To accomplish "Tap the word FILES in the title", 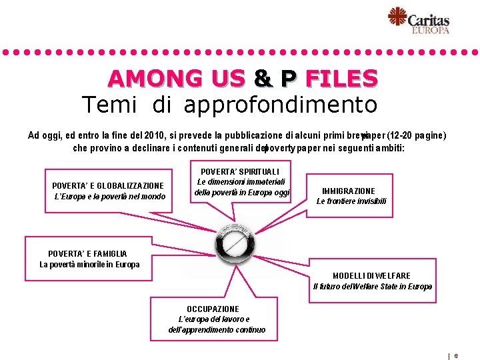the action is [341, 79].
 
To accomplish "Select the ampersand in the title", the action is [263, 79].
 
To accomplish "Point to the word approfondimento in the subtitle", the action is [281, 105].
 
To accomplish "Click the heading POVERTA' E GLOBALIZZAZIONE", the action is [108, 185].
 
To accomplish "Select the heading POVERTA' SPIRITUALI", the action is [235, 171].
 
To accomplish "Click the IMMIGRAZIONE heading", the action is [348, 191].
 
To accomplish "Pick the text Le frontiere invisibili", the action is [351, 201].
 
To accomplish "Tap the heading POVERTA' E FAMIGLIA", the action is [87, 253].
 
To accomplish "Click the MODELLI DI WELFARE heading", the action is [371, 275].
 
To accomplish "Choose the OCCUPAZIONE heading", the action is [213, 309].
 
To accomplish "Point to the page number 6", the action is [456, 356].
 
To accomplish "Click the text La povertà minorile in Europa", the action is [90, 265].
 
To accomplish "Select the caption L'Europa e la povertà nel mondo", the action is [109, 196].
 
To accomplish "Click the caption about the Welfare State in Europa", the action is [373, 287].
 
